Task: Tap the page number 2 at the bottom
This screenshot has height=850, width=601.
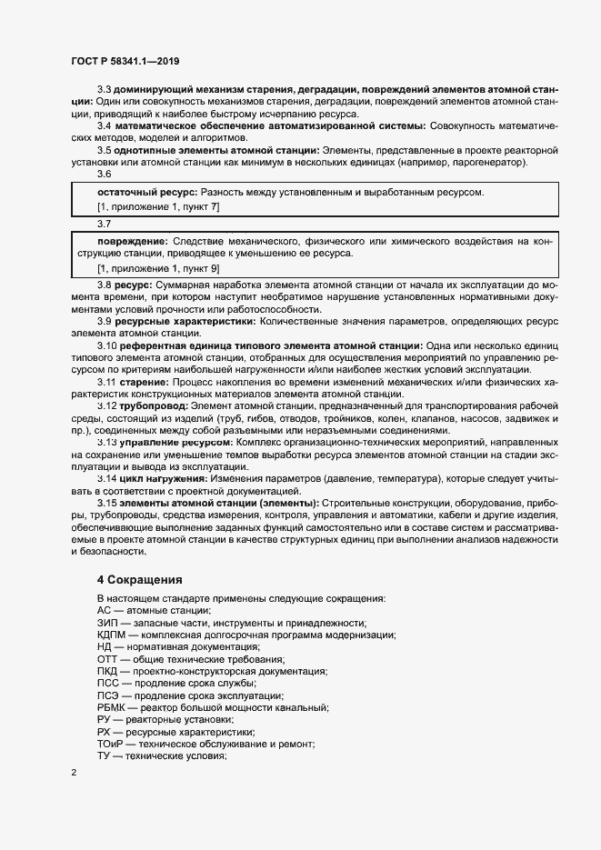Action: (x=73, y=772)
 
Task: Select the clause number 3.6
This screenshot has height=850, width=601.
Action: (x=105, y=174)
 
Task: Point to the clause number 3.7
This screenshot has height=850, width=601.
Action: (x=105, y=223)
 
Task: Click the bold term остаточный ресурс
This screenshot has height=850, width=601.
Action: (x=146, y=193)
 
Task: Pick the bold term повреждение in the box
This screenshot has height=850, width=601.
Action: (x=131, y=241)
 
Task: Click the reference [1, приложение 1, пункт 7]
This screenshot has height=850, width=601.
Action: (x=157, y=207)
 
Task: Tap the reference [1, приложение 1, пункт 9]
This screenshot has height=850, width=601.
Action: (x=157, y=269)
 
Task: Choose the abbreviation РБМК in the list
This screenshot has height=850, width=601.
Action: (x=113, y=707)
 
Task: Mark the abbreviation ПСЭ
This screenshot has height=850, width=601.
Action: (x=108, y=695)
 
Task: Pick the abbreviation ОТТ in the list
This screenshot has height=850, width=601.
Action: (x=108, y=659)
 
